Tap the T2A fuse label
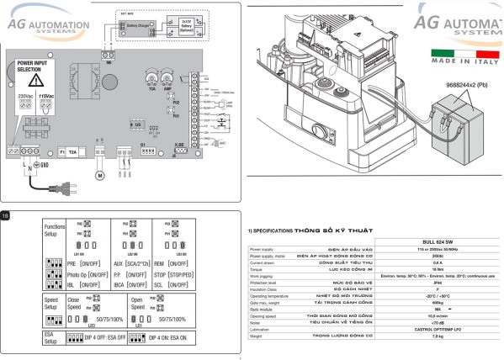click(x=72, y=151)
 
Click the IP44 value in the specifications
click(x=437, y=283)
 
